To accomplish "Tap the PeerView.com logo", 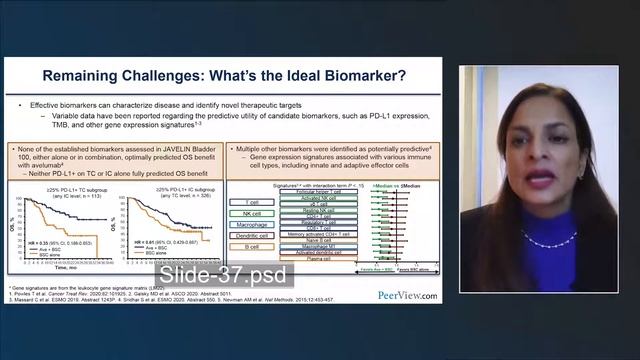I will click(x=407, y=295).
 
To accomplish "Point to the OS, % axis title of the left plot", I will click(x=17, y=225).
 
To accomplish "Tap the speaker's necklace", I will click(x=549, y=238).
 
